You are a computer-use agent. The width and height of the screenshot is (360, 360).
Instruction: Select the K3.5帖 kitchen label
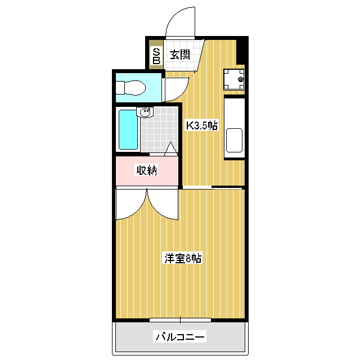point(202,125)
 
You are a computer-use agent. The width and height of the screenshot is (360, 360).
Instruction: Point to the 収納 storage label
point(147,169)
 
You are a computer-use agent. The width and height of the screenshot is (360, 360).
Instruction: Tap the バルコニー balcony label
point(180,337)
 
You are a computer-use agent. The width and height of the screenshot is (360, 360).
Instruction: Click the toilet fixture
point(130,88)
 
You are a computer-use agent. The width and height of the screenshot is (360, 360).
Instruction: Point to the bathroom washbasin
point(145,112)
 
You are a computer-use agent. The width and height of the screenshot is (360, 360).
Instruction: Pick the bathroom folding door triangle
point(171,149)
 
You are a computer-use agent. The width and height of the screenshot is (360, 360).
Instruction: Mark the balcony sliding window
point(180,320)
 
